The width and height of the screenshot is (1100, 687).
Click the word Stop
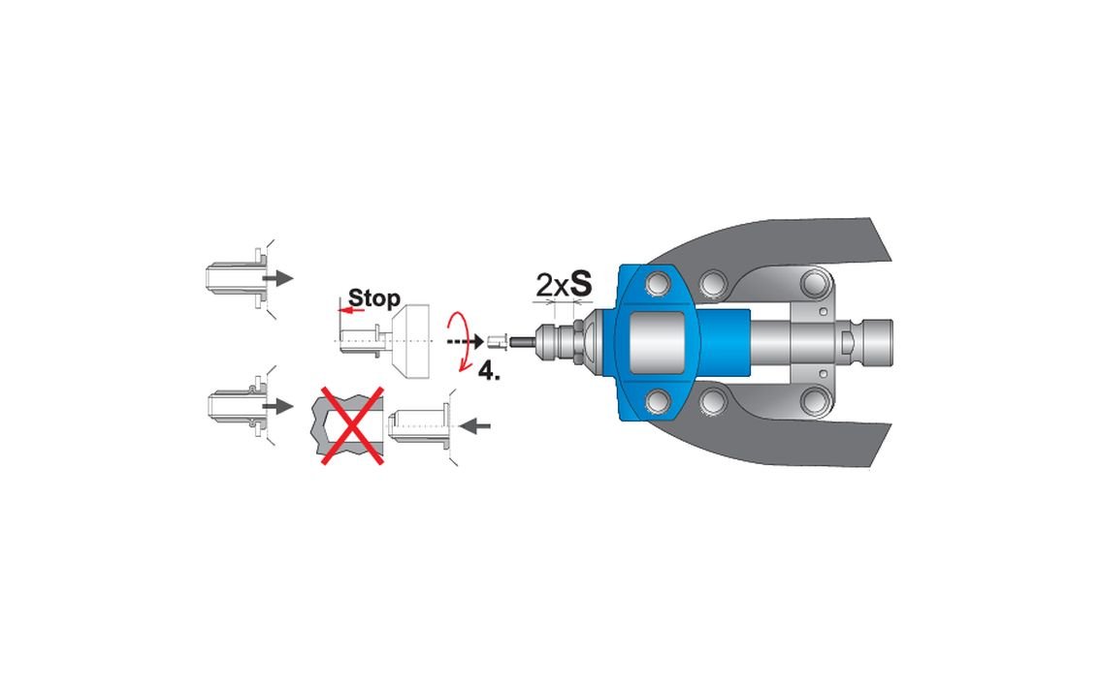[373, 297]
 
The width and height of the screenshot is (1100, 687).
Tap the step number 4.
[489, 370]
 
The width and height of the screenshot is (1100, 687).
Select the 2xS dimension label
[564, 284]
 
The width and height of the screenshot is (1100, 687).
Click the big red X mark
[352, 424]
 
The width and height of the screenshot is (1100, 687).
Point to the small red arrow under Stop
[351, 310]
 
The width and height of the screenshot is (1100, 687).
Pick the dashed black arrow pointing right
[465, 342]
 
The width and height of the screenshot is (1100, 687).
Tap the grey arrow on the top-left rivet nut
[278, 278]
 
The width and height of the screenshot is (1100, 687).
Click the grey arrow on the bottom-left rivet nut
[278, 405]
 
